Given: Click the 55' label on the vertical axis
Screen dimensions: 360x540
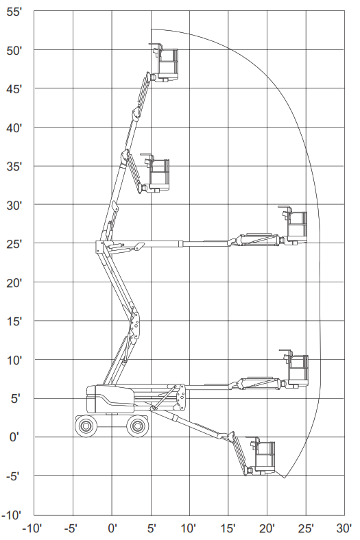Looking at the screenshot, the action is click(x=14, y=12).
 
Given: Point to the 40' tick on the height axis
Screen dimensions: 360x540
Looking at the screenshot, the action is click(x=14, y=128).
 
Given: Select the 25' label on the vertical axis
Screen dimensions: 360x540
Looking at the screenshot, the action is click(x=14, y=244).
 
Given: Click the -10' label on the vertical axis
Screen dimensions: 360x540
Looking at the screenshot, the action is click(x=12, y=515).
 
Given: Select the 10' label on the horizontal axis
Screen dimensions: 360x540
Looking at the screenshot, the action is click(x=189, y=528).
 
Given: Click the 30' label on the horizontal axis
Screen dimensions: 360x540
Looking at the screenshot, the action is click(x=344, y=528).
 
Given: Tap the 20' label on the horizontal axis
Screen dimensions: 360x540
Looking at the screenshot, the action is click(x=267, y=528).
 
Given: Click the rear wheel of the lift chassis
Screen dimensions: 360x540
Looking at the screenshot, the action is click(x=86, y=426).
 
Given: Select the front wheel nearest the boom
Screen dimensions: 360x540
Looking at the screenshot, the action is click(x=137, y=426).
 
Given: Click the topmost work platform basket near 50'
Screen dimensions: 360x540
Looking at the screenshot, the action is click(x=164, y=62).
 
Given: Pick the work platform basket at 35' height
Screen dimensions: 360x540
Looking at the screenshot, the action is click(x=156, y=173).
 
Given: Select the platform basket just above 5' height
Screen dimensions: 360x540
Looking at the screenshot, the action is click(x=295, y=369).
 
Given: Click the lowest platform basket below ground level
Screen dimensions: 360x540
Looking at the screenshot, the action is click(x=261, y=456).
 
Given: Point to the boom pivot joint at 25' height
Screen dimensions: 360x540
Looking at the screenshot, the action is click(x=100, y=247).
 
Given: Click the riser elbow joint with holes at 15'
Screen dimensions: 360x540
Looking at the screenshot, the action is click(x=135, y=325).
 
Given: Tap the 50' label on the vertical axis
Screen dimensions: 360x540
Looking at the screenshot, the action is click(x=14, y=51).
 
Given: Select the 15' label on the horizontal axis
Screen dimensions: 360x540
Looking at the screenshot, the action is click(x=228, y=528).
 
